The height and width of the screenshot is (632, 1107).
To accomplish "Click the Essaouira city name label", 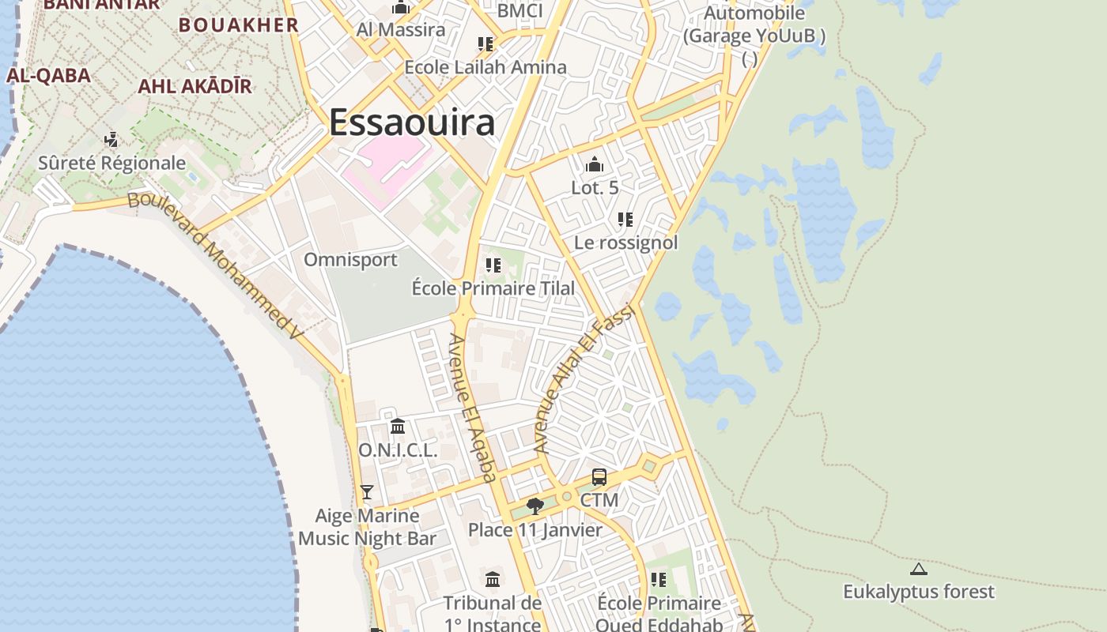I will tap(412, 122).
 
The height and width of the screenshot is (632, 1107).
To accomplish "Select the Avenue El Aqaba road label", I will tap(472, 406).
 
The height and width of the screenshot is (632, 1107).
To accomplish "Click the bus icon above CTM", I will tap(599, 477).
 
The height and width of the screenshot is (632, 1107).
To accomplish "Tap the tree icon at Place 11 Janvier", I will tap(535, 506).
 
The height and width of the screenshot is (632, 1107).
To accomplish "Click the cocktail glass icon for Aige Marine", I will tap(366, 491).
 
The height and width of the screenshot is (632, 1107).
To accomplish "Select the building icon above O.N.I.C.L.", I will tap(398, 427).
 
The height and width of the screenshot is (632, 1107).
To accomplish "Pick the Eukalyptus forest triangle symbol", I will tap(918, 569).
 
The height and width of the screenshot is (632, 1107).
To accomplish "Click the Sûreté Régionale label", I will tap(112, 164).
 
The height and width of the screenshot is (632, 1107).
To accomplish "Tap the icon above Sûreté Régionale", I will tap(111, 140).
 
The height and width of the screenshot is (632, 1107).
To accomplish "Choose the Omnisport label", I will tap(350, 260).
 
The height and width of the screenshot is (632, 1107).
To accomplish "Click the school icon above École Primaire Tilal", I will tap(493, 265).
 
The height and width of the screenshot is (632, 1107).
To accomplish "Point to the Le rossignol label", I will tap(626, 243).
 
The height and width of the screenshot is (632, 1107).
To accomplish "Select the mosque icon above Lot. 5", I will tap(595, 164).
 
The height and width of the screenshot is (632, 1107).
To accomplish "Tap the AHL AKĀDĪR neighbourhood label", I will tap(195, 86).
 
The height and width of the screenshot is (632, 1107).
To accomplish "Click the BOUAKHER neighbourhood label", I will tap(239, 24).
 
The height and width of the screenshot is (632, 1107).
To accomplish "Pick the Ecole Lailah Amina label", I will tap(485, 67).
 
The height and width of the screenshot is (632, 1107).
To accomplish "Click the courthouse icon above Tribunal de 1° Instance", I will tap(493, 580).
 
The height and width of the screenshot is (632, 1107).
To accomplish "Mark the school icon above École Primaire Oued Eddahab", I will tap(658, 581).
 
